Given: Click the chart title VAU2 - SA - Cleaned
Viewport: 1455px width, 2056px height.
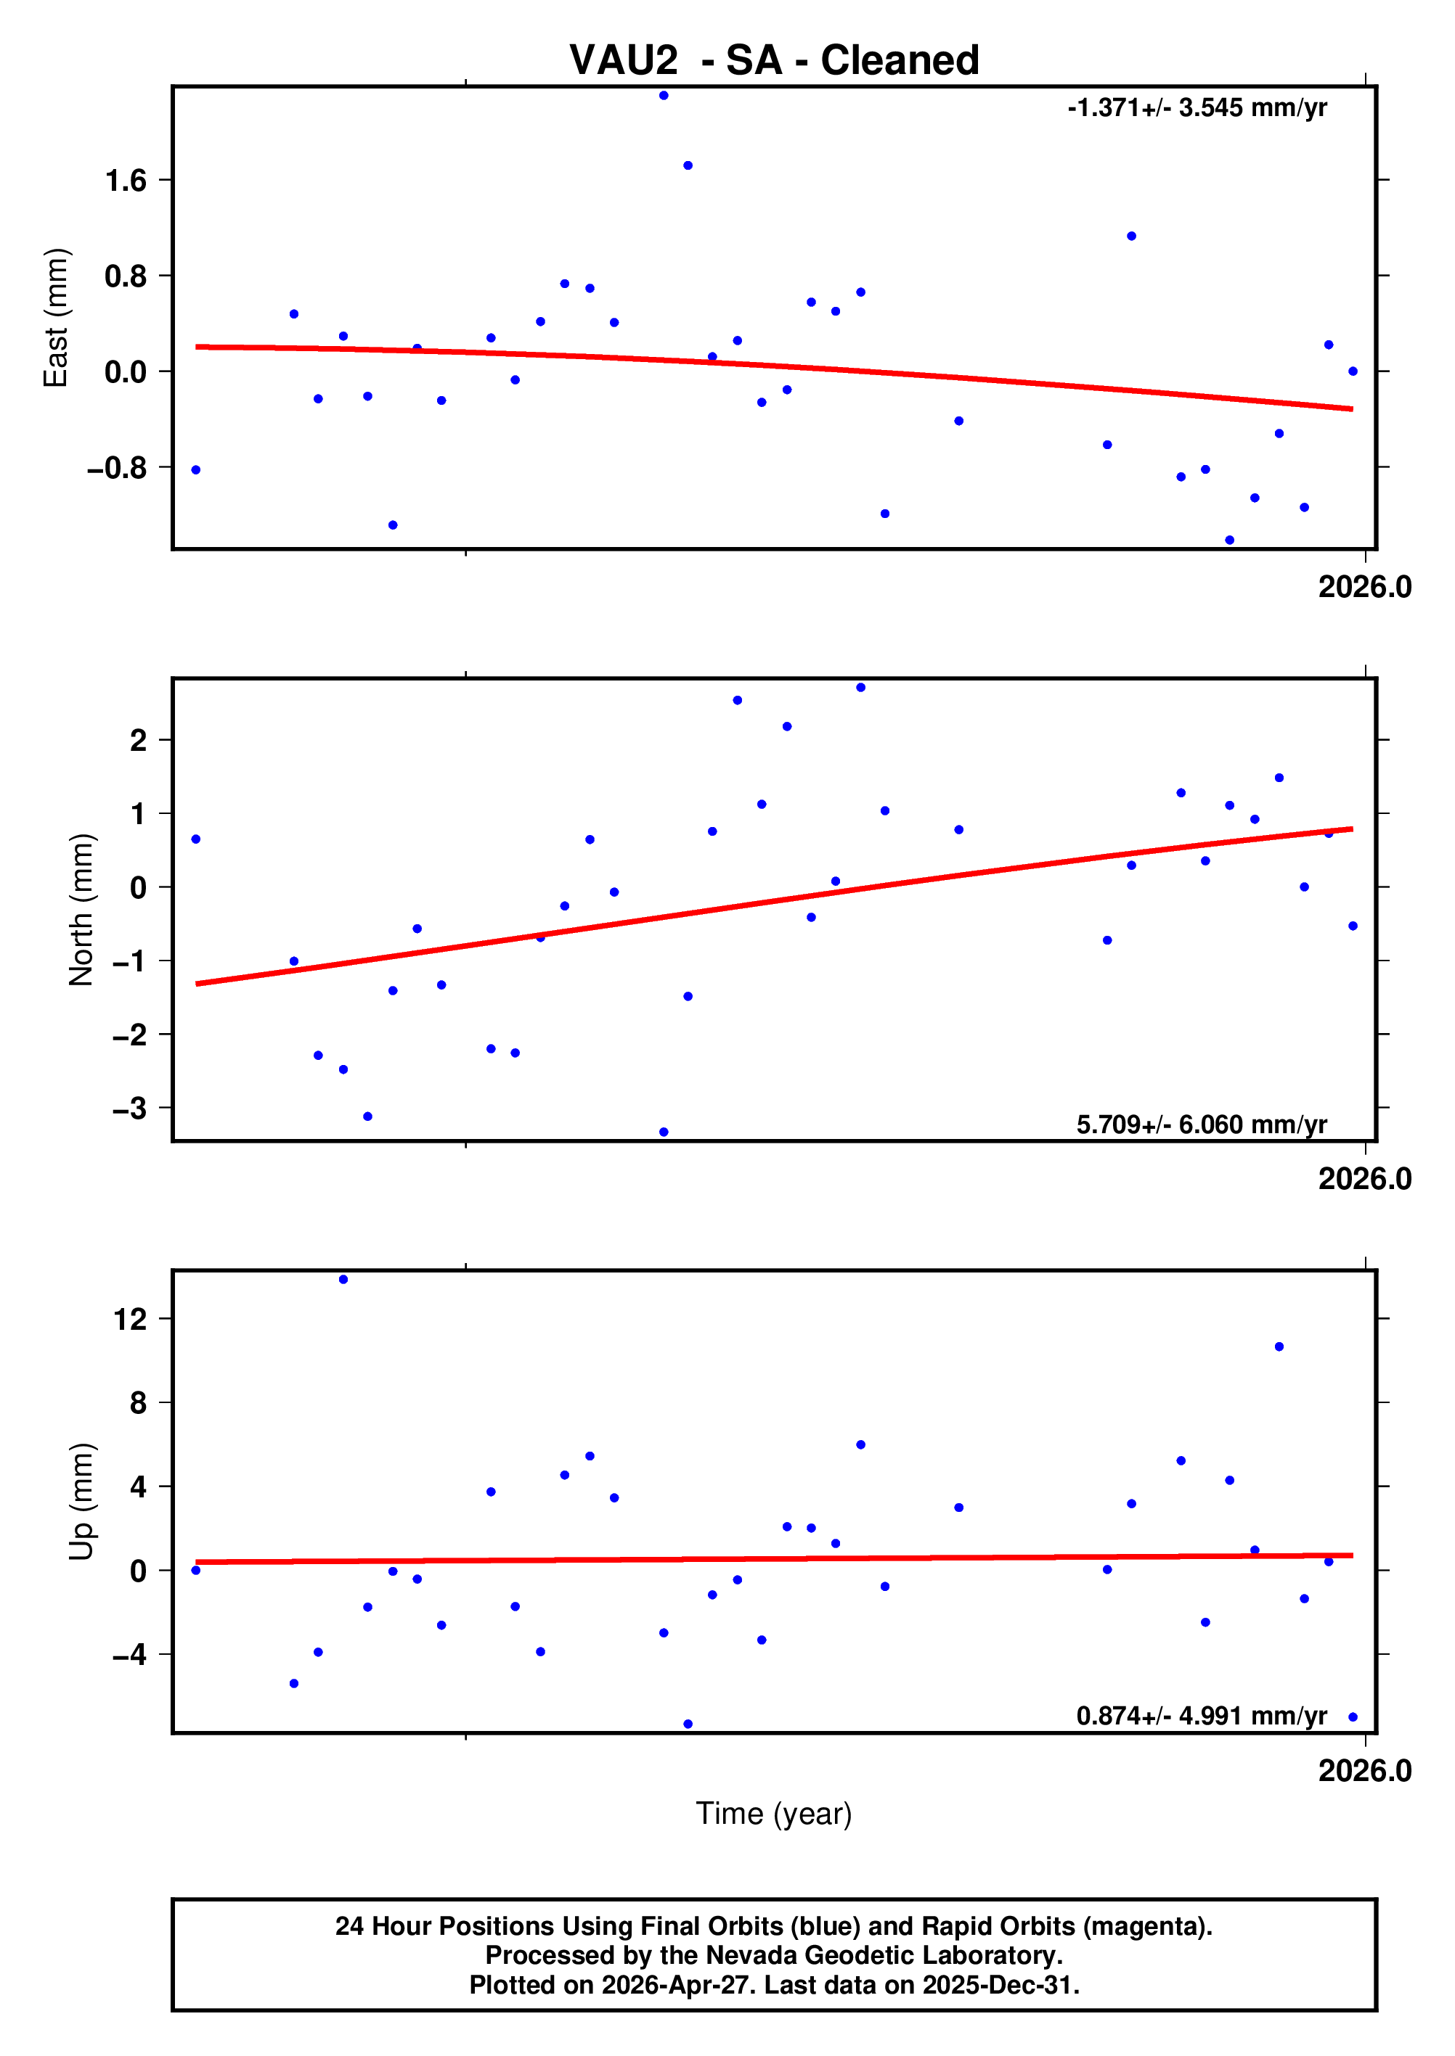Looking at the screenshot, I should coord(774,61).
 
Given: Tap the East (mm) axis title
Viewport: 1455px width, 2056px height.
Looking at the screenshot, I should coord(56,318).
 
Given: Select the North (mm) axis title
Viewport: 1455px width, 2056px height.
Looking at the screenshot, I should coord(81,909).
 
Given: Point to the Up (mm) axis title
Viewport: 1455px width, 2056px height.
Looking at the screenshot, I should coord(81,1501).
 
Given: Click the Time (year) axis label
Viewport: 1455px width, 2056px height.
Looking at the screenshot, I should coord(774,1813).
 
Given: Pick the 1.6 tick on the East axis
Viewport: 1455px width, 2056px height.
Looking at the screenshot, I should coord(126,181).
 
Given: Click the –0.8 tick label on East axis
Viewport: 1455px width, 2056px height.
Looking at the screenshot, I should coord(116,467).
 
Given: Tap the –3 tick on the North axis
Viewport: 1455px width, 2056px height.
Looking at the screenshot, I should coord(129,1109).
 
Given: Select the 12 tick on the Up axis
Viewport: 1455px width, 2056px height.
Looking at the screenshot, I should coord(130,1319).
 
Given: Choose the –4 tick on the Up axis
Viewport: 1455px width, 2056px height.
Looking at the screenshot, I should coord(129,1655).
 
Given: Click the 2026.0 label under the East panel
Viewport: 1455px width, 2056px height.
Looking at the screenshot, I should coord(1364,588).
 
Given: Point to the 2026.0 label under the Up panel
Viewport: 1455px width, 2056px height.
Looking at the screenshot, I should coord(1364,1771).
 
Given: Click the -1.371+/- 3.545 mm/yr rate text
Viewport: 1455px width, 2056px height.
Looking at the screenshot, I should coord(1197,108).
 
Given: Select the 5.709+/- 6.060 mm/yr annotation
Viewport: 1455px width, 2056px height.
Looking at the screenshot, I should coord(1202,1124).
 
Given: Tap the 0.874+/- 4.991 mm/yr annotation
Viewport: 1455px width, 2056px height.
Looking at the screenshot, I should coord(1202,1716).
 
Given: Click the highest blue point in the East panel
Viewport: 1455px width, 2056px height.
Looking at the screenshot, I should coord(664,96).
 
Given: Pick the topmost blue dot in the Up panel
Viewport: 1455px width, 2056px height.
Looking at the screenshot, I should coord(343,1280).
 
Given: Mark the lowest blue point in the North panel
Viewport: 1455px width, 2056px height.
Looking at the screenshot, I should coord(664,1132).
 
